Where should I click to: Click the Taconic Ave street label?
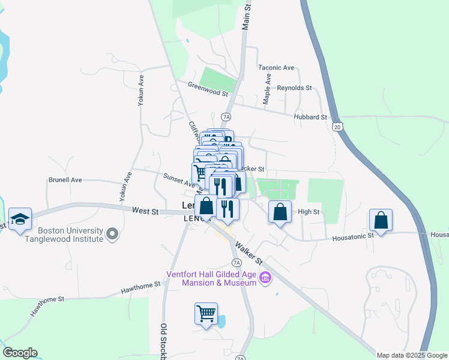[x=276, y=68]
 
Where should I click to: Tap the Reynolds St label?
[x=294, y=88]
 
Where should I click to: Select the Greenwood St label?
[x=208, y=91]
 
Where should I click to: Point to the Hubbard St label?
[x=310, y=117]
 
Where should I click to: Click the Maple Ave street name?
[x=267, y=88]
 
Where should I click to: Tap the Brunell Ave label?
[x=65, y=179]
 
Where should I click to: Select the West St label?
[x=145, y=211]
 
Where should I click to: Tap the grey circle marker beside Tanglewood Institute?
[x=112, y=233]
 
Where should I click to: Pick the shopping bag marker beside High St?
[x=280, y=212]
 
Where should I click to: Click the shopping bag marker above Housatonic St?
[x=381, y=220]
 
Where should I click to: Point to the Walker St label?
[x=249, y=253]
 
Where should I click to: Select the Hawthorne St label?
[x=142, y=289]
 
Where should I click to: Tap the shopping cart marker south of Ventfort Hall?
[x=206, y=313]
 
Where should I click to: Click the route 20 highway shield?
[x=338, y=127]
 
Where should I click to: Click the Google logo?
[x=20, y=353]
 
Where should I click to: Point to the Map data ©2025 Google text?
[x=412, y=355]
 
